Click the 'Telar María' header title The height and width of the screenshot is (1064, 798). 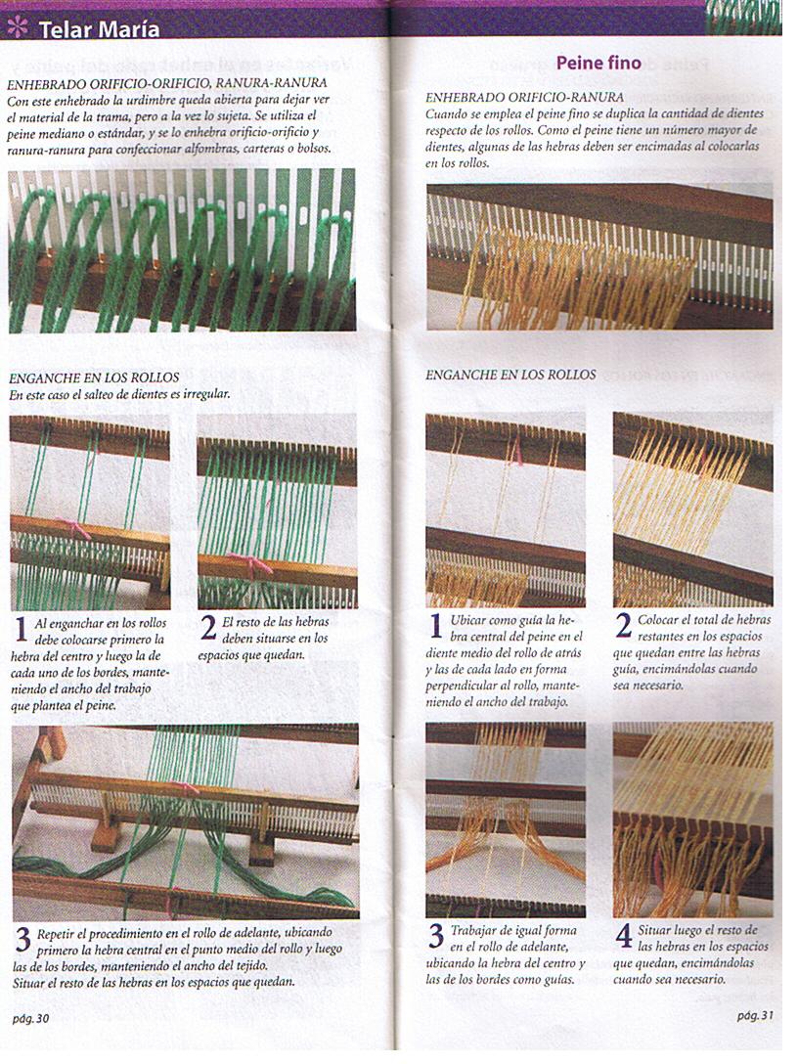click(99, 29)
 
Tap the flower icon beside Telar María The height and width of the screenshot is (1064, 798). click(18, 27)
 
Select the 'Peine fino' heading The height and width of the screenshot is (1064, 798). click(598, 64)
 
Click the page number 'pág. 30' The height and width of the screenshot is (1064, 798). click(30, 1018)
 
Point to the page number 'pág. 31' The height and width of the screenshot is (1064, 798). click(756, 1015)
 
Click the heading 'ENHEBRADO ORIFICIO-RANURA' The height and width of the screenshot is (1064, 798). click(525, 98)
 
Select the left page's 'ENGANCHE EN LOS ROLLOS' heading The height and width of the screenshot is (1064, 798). click(94, 377)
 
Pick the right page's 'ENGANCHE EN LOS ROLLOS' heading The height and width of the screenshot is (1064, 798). click(510, 375)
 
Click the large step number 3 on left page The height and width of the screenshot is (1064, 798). click(22, 941)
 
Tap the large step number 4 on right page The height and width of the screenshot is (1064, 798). click(624, 936)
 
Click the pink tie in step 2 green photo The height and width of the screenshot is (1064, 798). click(250, 564)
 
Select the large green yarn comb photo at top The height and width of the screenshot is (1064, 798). click(182, 250)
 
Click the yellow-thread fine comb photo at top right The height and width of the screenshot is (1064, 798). click(598, 256)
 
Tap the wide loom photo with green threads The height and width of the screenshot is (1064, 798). click(185, 821)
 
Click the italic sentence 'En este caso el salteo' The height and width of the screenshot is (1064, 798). click(125, 395)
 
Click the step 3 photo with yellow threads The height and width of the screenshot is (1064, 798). click(506, 819)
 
